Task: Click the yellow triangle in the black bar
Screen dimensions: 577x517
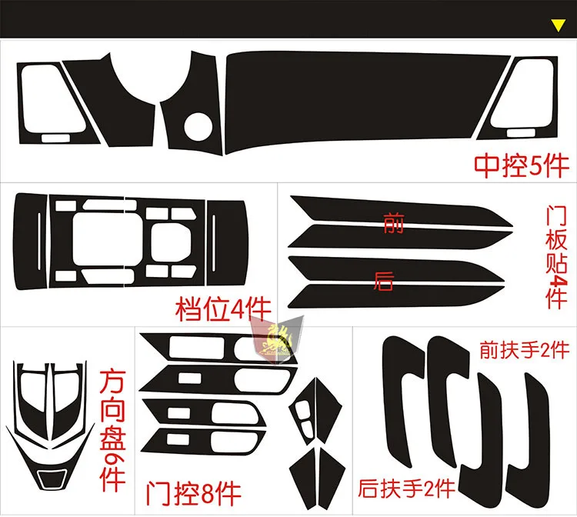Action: tap(559, 25)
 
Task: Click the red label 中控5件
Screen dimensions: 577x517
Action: tap(520, 163)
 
